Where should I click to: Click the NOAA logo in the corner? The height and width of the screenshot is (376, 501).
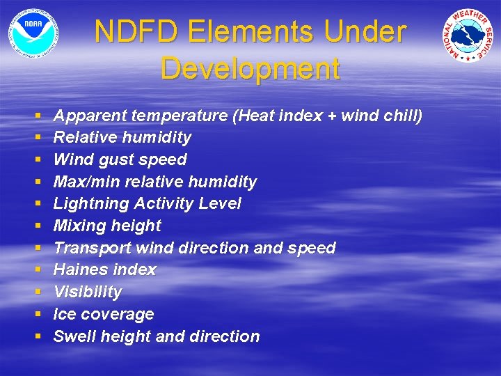[x=33, y=33]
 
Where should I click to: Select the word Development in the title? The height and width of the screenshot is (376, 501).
[x=250, y=68]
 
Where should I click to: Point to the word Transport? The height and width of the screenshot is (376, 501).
[x=91, y=248]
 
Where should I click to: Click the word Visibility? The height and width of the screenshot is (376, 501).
[x=88, y=292]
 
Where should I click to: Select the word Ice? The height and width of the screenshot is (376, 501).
[x=65, y=314]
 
